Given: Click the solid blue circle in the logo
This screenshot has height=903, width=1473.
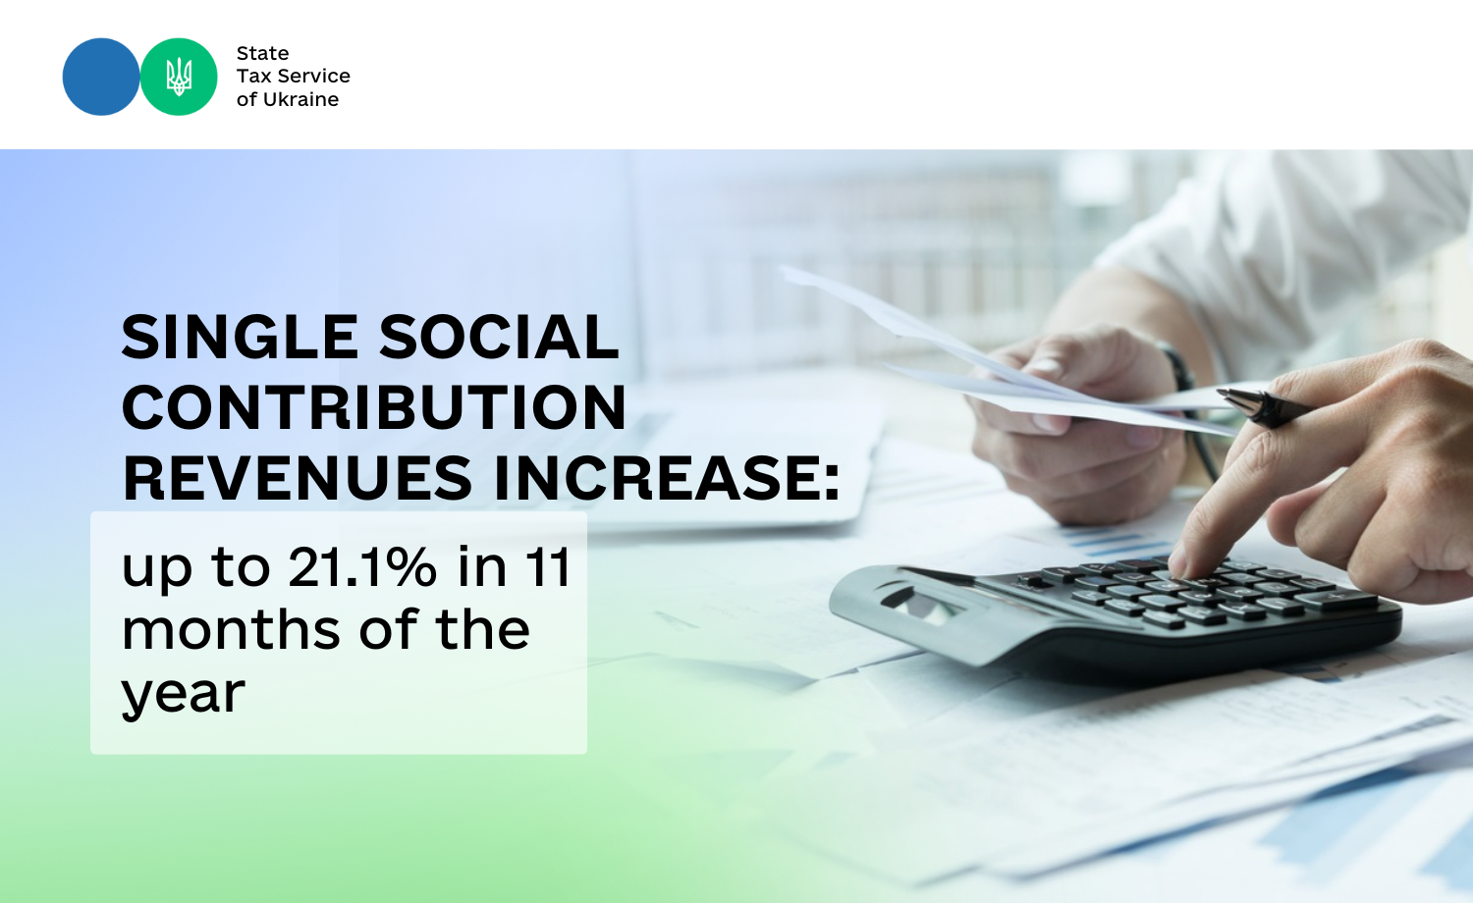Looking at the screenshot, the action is [101, 77].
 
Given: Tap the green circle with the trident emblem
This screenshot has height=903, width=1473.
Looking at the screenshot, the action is [179, 77].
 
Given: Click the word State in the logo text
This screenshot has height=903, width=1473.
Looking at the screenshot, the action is [262, 53].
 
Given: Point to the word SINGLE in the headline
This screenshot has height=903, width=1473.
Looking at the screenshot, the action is [240, 337].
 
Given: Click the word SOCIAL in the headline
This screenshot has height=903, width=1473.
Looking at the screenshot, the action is [499, 337].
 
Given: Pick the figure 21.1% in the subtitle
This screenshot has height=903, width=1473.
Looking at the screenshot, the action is [362, 566].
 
